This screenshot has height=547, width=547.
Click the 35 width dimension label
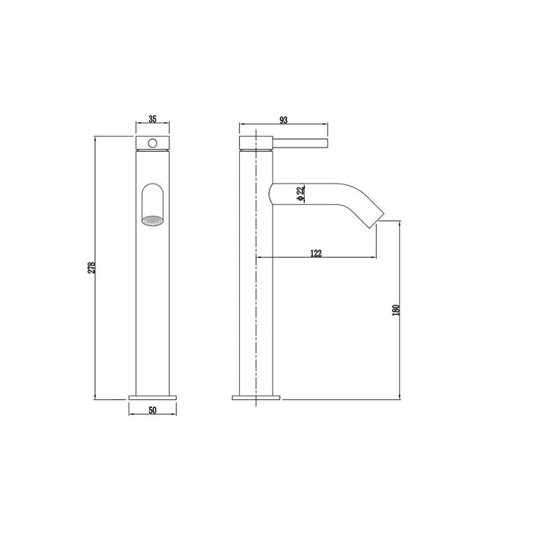pyautogui.click(x=152, y=119)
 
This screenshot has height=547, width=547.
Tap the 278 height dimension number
pyautogui.click(x=91, y=267)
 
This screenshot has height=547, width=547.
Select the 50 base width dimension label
pyautogui.click(x=152, y=409)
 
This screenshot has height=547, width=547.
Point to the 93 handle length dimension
pyautogui.click(x=282, y=119)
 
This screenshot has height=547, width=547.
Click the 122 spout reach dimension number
pyautogui.click(x=316, y=252)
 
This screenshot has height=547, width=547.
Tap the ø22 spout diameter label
pyautogui.click(x=300, y=195)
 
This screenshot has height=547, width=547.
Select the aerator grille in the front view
pyautogui.click(x=152, y=221)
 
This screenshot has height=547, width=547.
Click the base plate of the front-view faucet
pyautogui.click(x=152, y=397)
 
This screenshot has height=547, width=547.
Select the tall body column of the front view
pyautogui.click(x=152, y=313)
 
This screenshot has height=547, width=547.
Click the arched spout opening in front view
pyautogui.click(x=152, y=199)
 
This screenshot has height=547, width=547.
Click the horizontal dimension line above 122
pyautogui.click(x=316, y=259)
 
